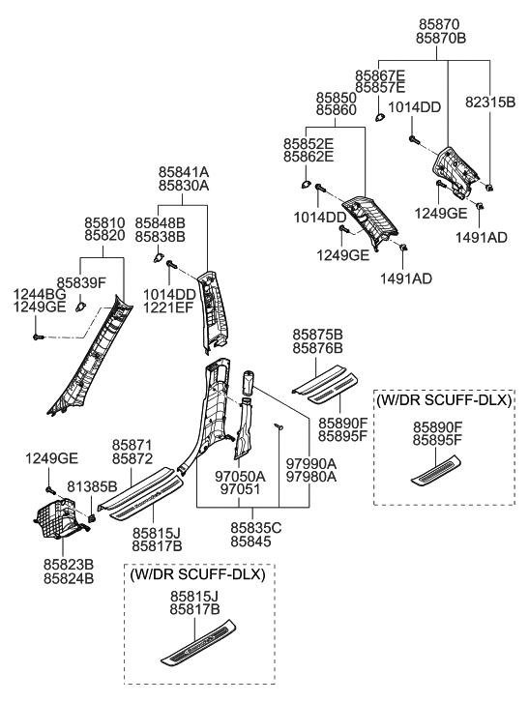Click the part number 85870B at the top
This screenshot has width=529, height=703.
(x=440, y=38)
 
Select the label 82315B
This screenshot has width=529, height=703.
(x=491, y=101)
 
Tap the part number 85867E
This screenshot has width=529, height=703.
(x=379, y=74)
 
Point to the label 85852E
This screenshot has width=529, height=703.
(x=308, y=143)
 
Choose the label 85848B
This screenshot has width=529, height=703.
(x=160, y=222)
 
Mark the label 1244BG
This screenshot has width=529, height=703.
(x=39, y=293)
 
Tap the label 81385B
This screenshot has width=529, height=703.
(x=92, y=485)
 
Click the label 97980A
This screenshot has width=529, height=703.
(x=310, y=477)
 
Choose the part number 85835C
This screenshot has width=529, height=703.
(x=255, y=527)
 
